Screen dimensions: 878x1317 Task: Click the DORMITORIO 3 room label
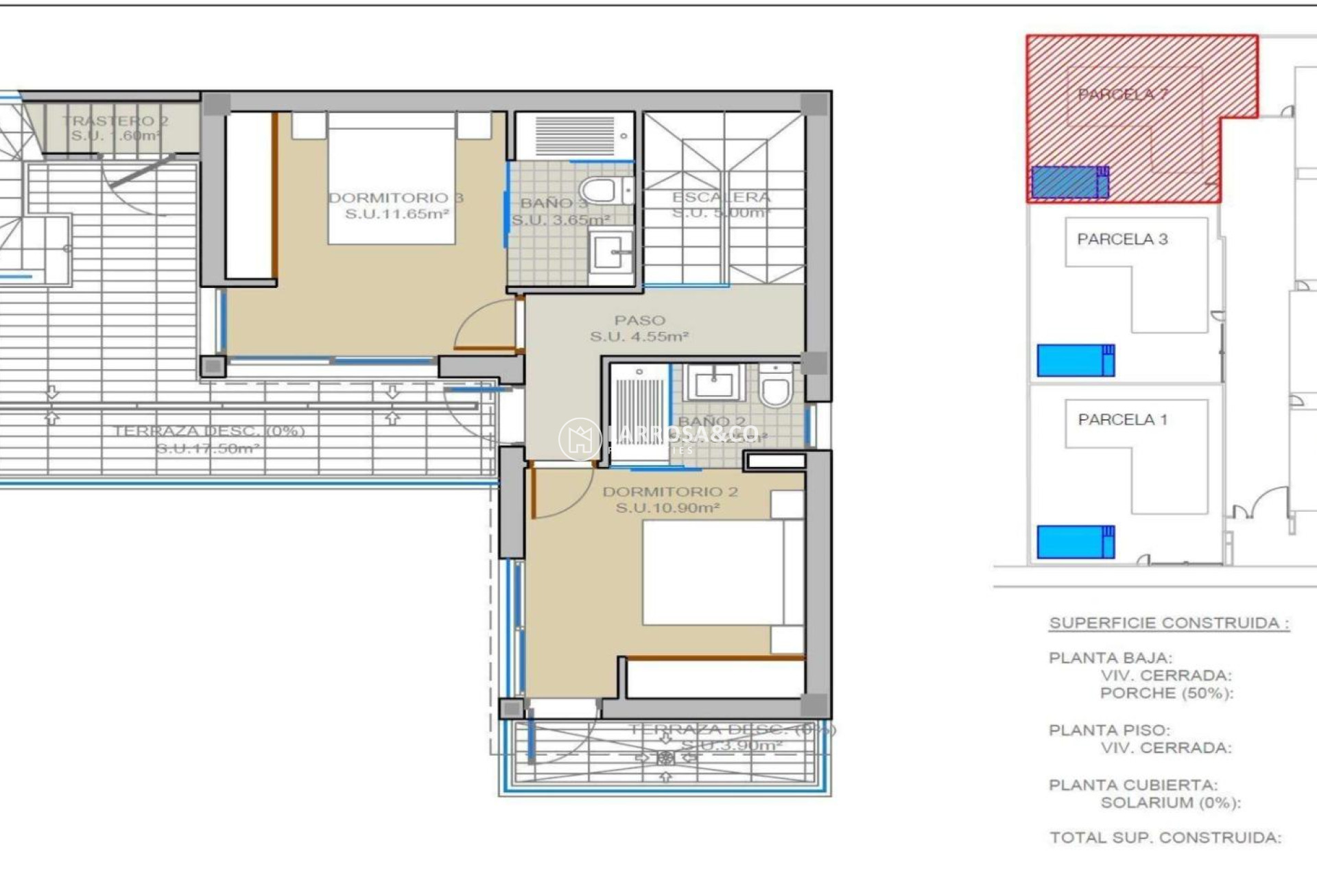(x=396, y=198)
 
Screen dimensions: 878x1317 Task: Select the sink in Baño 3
(x=610, y=252)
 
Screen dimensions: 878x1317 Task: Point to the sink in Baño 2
(x=714, y=383)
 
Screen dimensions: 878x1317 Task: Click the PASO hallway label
(x=639, y=320)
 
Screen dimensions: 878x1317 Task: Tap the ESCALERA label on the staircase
(x=721, y=198)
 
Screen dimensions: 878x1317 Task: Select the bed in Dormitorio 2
(x=713, y=572)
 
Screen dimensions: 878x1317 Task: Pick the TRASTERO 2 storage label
(x=115, y=121)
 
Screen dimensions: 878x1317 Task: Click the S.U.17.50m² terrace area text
(x=207, y=449)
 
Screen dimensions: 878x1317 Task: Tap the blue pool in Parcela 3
(x=1075, y=361)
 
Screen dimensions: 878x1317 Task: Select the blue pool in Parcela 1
(x=1075, y=542)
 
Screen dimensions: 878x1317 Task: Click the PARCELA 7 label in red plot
(x=1122, y=95)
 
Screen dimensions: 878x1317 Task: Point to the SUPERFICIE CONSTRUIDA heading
(x=1169, y=624)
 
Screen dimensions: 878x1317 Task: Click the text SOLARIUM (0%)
(x=1170, y=803)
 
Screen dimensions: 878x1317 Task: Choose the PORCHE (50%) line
(x=1166, y=693)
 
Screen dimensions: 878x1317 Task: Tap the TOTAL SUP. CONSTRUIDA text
(x=1165, y=838)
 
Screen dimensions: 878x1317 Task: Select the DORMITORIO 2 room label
(x=669, y=492)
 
